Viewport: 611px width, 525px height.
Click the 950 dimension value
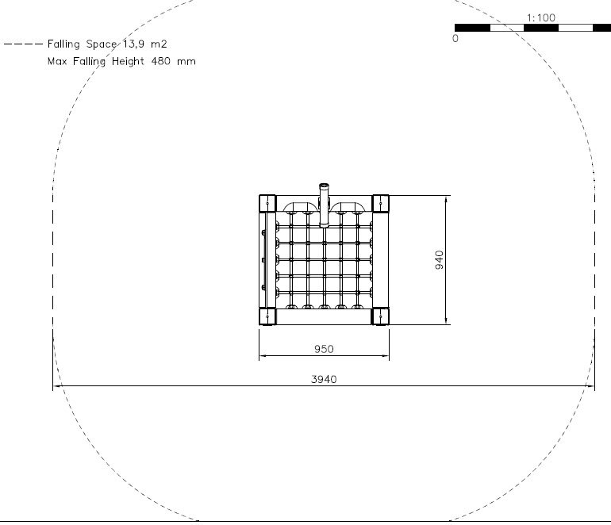324,349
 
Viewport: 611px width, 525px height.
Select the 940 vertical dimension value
439,260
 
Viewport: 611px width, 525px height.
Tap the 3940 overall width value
324,379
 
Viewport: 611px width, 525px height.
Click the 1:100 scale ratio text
541,18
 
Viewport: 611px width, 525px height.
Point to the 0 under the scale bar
455,39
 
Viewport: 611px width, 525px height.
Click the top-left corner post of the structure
267,203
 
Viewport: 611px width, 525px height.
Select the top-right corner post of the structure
381,203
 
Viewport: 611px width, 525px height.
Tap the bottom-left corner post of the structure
267,316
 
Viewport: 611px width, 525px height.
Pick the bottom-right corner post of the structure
381,316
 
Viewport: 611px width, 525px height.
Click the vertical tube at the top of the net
325,205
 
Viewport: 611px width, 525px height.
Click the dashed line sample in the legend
23,44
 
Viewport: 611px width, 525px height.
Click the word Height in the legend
128,62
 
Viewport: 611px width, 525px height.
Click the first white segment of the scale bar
507,28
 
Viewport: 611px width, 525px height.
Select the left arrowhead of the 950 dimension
263,355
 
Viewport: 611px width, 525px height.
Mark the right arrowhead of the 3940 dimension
590,386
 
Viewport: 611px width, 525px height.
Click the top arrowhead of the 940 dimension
446,199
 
